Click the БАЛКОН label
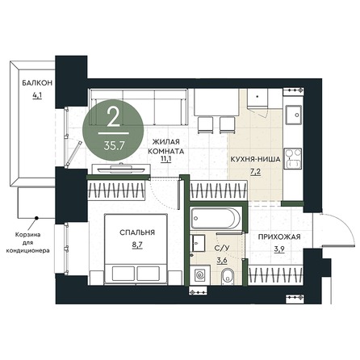pyautogui.click(x=37, y=83)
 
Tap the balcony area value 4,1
pyautogui.click(x=37, y=96)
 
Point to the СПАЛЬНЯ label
pyautogui.click(x=137, y=232)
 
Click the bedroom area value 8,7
pyautogui.click(x=137, y=245)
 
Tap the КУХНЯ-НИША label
pyautogui.click(x=255, y=159)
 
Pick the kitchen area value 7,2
pyautogui.click(x=255, y=172)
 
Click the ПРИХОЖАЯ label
pyautogui.click(x=279, y=237)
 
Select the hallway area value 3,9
pyautogui.click(x=279, y=249)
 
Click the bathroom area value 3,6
pyautogui.click(x=222, y=261)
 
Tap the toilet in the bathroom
pyautogui.click(x=228, y=276)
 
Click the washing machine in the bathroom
pyautogui.click(x=200, y=275)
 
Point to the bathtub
pyautogui.click(x=216, y=218)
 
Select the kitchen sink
pyautogui.click(x=294, y=115)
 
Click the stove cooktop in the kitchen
pyautogui.click(x=293, y=158)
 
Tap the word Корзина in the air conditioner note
pyautogui.click(x=27, y=235)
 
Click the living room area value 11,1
pyautogui.click(x=166, y=159)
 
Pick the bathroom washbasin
pyautogui.click(x=198, y=243)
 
